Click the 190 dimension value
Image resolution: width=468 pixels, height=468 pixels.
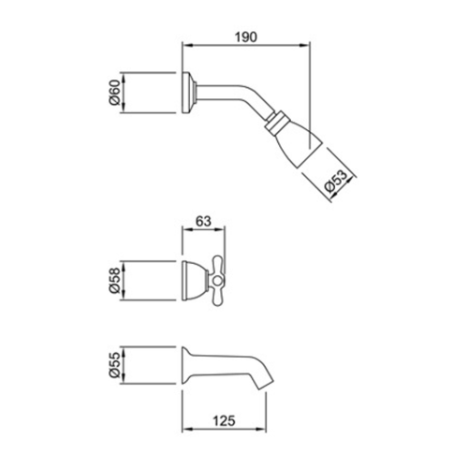[x=246, y=37]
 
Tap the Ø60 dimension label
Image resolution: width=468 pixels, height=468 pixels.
[x=114, y=93]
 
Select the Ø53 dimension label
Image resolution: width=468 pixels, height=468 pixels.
[x=335, y=181]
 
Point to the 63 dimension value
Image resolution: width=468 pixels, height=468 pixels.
[x=203, y=221]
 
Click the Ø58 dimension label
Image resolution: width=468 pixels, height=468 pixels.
[x=114, y=280]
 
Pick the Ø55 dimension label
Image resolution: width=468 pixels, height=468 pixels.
[x=114, y=365]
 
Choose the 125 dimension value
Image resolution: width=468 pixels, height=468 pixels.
[x=224, y=421]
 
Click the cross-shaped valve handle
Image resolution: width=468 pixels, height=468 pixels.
[x=217, y=281]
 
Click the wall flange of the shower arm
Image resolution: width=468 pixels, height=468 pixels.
[x=186, y=93]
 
